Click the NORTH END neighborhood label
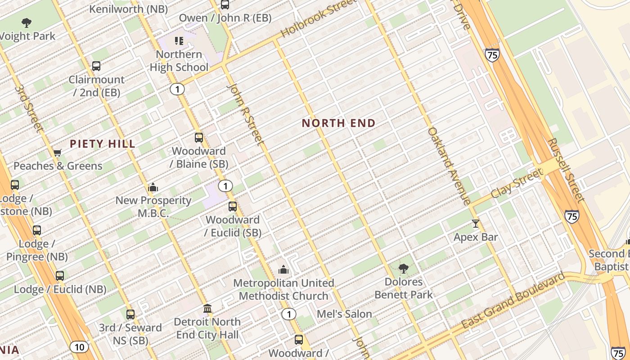[x=338, y=123]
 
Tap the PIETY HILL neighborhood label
[x=103, y=144]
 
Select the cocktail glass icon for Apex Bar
[x=476, y=223]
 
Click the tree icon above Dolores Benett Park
[x=404, y=269]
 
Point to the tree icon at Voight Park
[x=27, y=22]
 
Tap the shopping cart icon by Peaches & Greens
[x=58, y=153]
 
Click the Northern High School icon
[x=179, y=41]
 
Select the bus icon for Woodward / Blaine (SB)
[x=198, y=138]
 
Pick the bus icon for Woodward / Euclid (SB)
[x=233, y=207]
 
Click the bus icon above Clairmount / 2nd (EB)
[x=96, y=66]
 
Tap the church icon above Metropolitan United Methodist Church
[x=283, y=270]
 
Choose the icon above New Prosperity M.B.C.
[x=153, y=187]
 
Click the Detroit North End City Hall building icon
[x=207, y=309]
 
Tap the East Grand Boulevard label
[x=513, y=300]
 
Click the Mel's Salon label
[x=345, y=314]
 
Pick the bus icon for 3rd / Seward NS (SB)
[x=130, y=315]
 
